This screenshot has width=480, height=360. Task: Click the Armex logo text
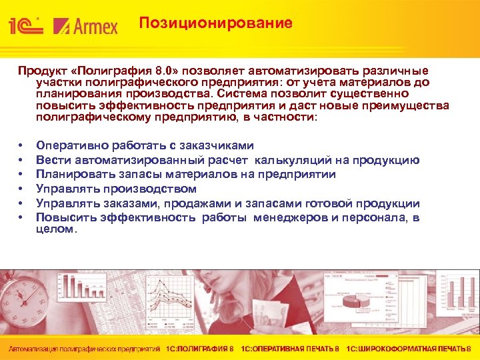coord(86,26)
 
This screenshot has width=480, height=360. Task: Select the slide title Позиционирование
coord(215,23)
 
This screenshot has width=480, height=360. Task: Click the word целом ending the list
coord(55,229)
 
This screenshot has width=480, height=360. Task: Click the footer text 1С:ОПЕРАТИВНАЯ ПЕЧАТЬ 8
coord(290,349)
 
